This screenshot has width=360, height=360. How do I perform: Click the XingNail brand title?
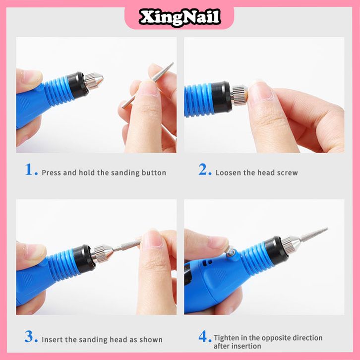pyautogui.click(x=180, y=17)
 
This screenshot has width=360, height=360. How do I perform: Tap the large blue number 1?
pyautogui.click(x=29, y=170)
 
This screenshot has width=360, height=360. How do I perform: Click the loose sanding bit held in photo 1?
pyautogui.click(x=148, y=85)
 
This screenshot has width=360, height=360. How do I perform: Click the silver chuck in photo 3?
pyautogui.click(x=102, y=253)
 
